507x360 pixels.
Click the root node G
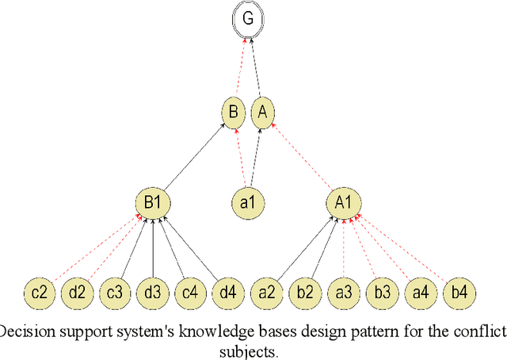(x=248, y=19)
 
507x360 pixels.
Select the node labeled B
(x=233, y=113)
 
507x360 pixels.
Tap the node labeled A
(x=261, y=113)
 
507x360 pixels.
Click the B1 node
(x=153, y=203)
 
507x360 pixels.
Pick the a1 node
(x=247, y=203)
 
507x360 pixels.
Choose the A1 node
(x=342, y=203)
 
